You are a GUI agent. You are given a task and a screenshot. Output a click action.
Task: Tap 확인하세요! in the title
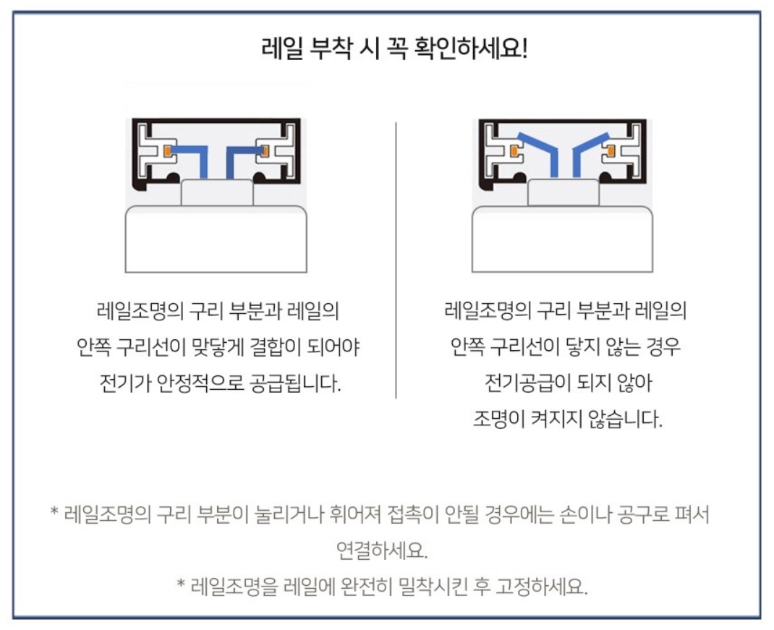(472, 49)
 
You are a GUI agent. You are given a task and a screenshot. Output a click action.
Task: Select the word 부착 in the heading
(331, 49)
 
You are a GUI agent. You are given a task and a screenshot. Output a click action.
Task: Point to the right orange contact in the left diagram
(265, 149)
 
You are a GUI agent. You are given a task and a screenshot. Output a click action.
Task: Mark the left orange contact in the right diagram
(515, 149)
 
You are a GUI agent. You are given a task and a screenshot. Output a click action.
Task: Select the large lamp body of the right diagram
(562, 239)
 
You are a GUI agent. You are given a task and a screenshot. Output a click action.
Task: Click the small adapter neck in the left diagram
(217, 192)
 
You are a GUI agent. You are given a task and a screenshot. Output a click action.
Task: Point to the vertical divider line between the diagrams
(396, 260)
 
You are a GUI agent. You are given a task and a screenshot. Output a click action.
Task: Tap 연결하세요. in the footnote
(381, 550)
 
